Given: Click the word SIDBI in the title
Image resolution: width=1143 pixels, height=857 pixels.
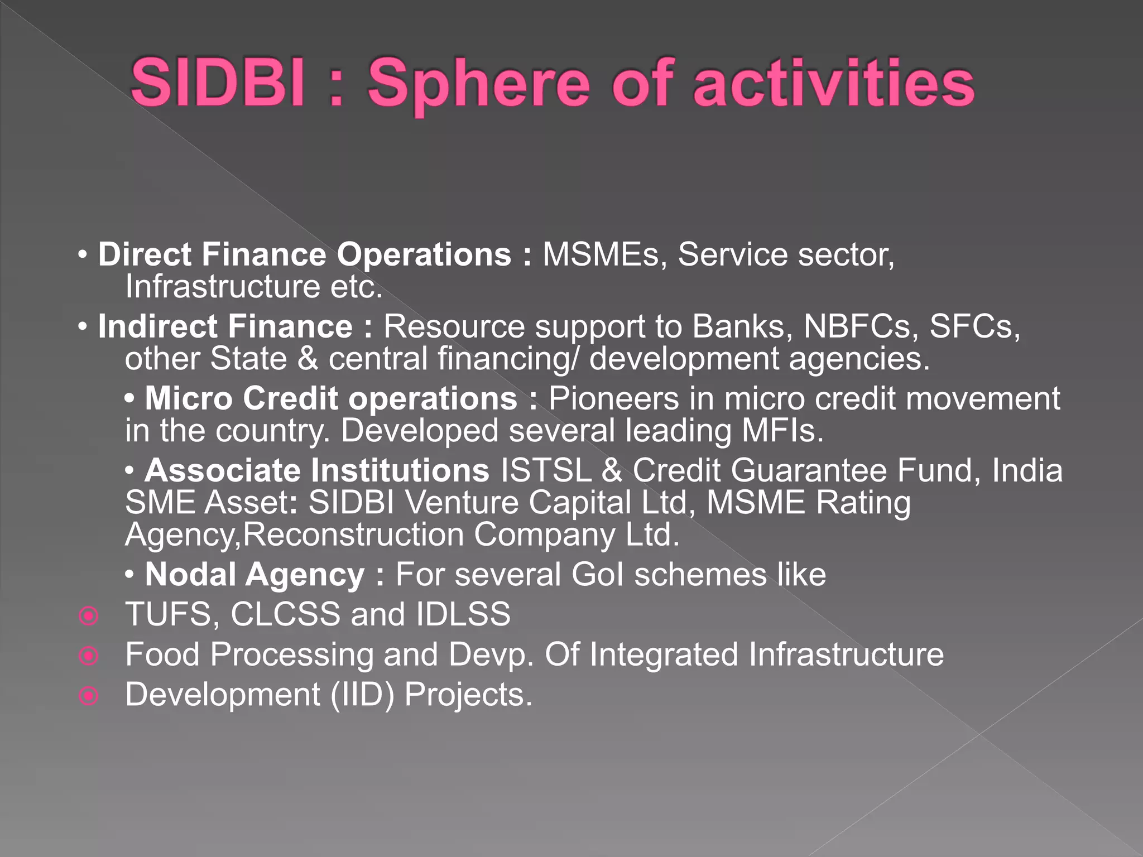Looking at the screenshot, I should click(218, 84).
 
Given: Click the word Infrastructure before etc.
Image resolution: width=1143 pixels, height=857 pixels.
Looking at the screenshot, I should click(223, 287).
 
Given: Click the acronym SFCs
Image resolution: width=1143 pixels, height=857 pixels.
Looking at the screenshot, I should click(974, 326).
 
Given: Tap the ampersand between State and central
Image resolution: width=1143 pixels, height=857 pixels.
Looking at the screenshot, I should click(308, 359).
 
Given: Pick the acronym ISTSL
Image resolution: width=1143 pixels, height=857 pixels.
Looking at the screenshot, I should click(546, 470).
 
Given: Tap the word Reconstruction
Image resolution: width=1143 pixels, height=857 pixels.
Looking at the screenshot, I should click(353, 535).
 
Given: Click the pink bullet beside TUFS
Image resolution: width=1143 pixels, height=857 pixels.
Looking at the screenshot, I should click(89, 616).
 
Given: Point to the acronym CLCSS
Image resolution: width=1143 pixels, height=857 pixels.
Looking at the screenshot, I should click(285, 614).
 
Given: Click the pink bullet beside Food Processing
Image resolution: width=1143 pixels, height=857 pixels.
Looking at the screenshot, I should click(89, 656).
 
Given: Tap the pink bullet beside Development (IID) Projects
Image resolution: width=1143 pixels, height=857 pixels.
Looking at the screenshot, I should click(89, 696).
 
